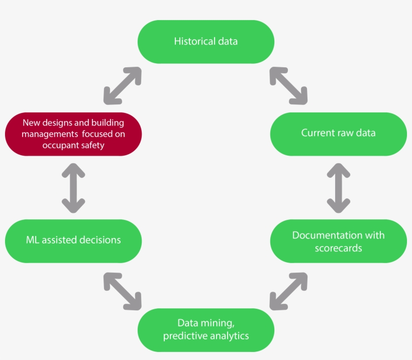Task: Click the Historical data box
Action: tap(206, 42)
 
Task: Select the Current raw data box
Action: tap(338, 134)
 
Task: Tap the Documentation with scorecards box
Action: tap(338, 241)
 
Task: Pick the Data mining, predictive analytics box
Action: tap(206, 329)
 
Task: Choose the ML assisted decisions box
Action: tap(73, 241)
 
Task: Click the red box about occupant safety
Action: tap(73, 134)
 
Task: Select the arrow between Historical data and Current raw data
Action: tap(288, 85)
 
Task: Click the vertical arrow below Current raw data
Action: tap(338, 187)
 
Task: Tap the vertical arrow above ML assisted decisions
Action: tap(73, 187)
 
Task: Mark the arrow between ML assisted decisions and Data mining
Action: tap(123, 291)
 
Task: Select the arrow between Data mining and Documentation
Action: tap(288, 291)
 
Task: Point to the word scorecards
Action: tap(338, 248)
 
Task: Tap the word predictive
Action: tap(184, 335)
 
